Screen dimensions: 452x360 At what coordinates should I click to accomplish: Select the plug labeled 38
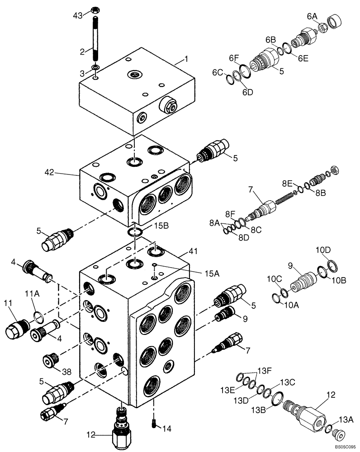coord(50,360)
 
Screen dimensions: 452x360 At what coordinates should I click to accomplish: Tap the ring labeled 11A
coord(39,315)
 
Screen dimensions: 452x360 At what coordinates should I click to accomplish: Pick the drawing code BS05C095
coord(345,447)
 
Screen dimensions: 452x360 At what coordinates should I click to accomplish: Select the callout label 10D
coord(323,250)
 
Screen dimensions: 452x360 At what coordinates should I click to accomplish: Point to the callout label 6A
coord(313,16)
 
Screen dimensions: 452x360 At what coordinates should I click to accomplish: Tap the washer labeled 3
coord(95,68)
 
